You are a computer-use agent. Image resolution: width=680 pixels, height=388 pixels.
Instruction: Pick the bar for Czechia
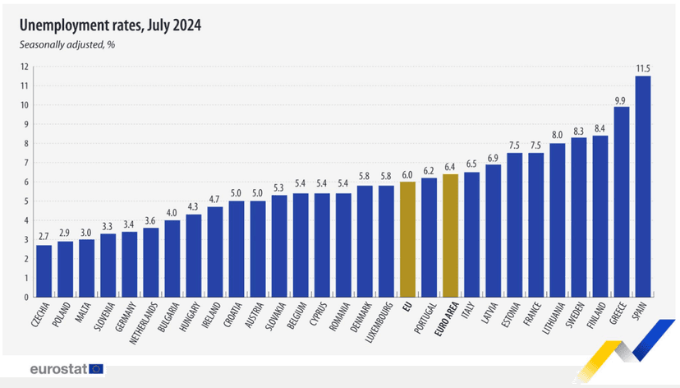pyautogui.click(x=44, y=271)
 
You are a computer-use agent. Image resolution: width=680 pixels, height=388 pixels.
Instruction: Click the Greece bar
pyautogui.click(x=621, y=202)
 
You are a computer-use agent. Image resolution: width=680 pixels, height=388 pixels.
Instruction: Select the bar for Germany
pyautogui.click(x=130, y=265)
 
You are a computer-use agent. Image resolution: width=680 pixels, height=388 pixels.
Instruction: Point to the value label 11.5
pyautogui.click(x=642, y=67)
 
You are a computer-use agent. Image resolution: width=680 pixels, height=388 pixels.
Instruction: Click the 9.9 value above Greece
pyautogui.click(x=621, y=99)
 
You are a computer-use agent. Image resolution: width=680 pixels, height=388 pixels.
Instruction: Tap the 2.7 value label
pyautogui.click(x=44, y=237)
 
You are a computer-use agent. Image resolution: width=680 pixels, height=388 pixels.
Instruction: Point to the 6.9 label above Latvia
pyautogui.click(x=493, y=156)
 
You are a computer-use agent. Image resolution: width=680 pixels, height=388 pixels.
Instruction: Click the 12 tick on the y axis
pyautogui.click(x=25, y=67)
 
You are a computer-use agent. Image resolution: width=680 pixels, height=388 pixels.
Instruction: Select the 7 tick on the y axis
pyautogui.click(x=26, y=163)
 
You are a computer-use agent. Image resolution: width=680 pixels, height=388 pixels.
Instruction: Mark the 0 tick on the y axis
pyautogui.click(x=26, y=298)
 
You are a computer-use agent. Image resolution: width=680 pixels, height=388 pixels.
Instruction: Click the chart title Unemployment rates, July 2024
pyautogui.click(x=110, y=25)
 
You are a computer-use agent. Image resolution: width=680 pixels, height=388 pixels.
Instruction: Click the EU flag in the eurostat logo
pyautogui.click(x=96, y=369)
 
